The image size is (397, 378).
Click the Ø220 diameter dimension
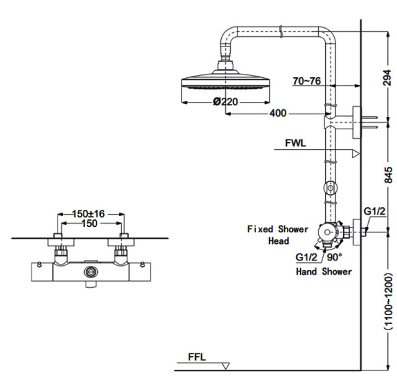coord(225,102)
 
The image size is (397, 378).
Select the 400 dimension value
coord(277,113)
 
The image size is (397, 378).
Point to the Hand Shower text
coord(324,271)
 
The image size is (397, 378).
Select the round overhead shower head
coord(225,87)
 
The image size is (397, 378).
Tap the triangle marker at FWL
coord(355,154)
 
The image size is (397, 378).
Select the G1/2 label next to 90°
coord(307,258)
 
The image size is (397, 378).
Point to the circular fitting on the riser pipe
coord(330,187)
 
